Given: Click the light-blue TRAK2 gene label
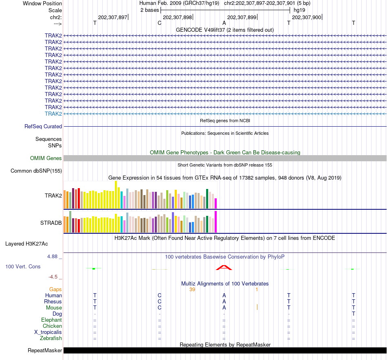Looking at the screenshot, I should [53, 114].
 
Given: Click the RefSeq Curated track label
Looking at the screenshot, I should [43, 127].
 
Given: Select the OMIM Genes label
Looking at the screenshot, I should [46, 158].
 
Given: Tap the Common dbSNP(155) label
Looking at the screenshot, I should [36, 171].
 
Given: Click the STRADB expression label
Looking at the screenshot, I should [51, 223].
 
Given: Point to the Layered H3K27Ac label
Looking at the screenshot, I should [26, 244].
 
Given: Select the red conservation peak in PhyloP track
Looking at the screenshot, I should [224, 268].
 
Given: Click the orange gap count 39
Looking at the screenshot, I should [193, 290].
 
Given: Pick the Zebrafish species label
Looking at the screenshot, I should [51, 338].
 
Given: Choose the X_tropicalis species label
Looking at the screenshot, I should [48, 332].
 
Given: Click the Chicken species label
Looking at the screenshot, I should [52, 326].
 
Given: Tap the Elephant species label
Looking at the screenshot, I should [51, 320].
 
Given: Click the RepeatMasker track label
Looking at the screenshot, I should [45, 351].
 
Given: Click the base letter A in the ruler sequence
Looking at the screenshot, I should [224, 23].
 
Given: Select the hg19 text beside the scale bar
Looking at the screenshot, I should [299, 10].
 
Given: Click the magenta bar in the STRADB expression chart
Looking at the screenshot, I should [216, 222].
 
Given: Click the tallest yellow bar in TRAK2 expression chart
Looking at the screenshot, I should [116, 194].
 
